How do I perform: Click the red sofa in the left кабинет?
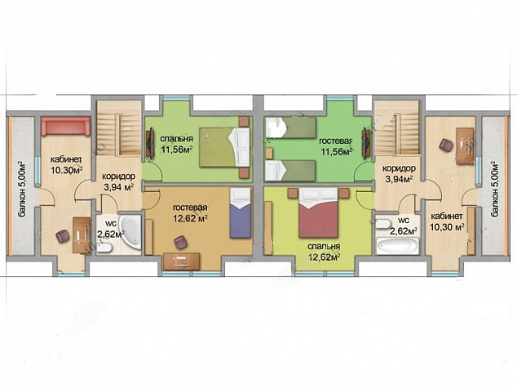(x=66, y=126)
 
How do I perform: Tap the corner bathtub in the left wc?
(x=130, y=232)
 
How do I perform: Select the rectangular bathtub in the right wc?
(x=397, y=246)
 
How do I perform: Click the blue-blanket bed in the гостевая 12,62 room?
(x=241, y=212)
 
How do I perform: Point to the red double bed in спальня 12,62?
(x=318, y=212)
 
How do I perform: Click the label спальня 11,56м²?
(x=176, y=144)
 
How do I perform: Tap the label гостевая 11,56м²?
(x=336, y=146)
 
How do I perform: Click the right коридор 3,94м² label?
(x=399, y=174)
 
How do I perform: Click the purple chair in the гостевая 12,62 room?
(x=180, y=242)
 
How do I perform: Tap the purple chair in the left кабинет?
(x=63, y=236)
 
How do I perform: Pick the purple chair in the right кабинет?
(x=446, y=145)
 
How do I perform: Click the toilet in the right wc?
(x=383, y=224)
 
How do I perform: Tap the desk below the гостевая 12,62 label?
(x=181, y=261)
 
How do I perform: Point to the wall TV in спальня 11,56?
(x=151, y=144)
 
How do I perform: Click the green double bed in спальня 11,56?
(x=224, y=147)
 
